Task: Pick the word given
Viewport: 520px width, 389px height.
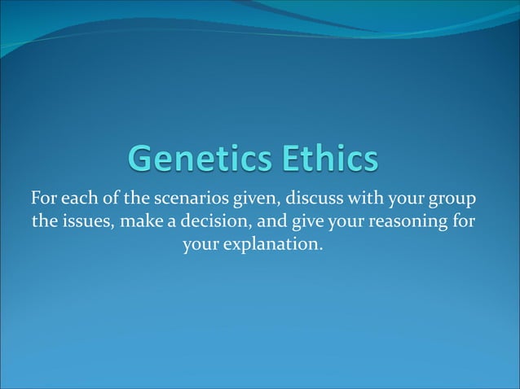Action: (x=255, y=199)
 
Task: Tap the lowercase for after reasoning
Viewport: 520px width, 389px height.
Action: (x=462, y=221)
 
